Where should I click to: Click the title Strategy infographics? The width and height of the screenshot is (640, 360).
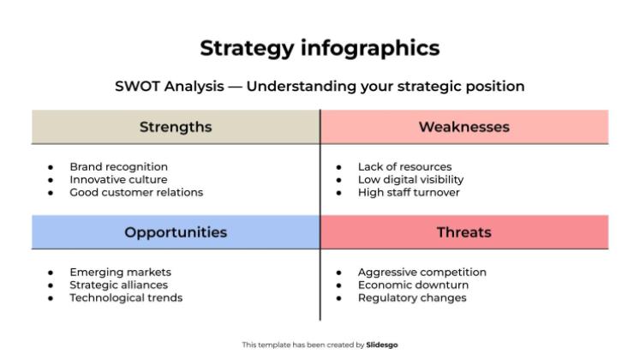click(320, 48)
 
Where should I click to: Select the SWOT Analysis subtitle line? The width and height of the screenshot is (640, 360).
click(320, 87)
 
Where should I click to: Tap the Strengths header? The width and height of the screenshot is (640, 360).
click(176, 127)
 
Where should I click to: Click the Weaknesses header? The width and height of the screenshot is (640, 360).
click(464, 127)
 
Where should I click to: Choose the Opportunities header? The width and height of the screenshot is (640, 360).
click(176, 232)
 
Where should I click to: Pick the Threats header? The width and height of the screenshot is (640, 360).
click(464, 232)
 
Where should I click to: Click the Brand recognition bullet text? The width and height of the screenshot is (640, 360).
click(118, 166)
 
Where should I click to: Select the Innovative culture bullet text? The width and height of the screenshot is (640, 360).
click(118, 179)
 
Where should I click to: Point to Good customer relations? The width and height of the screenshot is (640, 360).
click(136, 192)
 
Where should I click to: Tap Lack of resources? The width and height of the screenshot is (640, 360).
click(404, 166)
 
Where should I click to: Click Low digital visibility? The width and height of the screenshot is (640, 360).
click(410, 179)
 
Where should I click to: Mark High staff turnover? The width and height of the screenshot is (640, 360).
click(409, 192)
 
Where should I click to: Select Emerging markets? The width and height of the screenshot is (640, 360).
click(120, 272)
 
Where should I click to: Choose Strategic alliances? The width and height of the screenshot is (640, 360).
click(118, 285)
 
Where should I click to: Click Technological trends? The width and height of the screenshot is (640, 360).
click(126, 297)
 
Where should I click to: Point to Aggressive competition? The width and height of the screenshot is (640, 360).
click(422, 272)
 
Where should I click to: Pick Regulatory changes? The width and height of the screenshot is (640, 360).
click(411, 297)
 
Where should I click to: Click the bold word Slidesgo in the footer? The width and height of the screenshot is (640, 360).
click(382, 345)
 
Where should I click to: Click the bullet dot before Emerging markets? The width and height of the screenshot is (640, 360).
click(51, 273)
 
